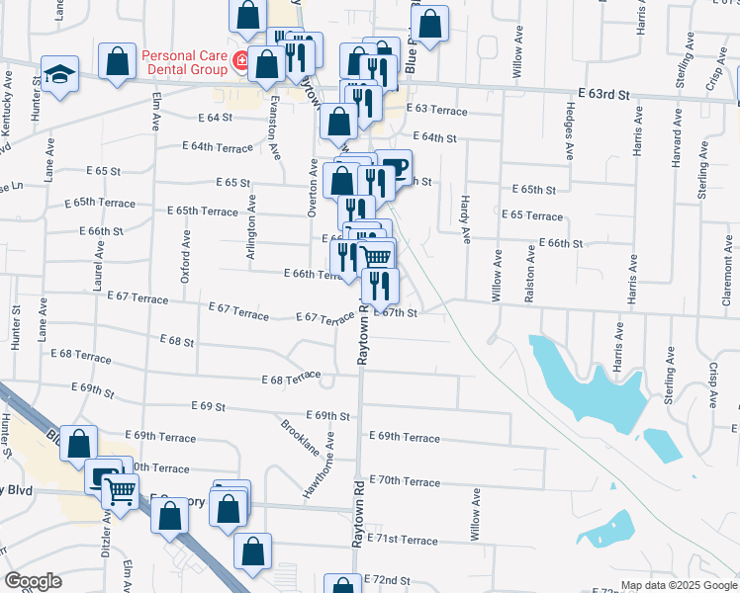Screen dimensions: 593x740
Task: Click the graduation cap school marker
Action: coord(59,73)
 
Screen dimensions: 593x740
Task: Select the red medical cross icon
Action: coord(239,62)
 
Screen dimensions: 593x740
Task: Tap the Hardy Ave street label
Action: coord(464,219)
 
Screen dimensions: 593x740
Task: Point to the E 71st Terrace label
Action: coord(402,540)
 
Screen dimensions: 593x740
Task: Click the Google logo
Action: coord(35,581)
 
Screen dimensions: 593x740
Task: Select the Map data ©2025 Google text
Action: coord(679,585)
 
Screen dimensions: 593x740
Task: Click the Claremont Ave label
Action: coord(725,282)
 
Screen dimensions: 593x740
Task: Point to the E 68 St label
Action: coord(176,340)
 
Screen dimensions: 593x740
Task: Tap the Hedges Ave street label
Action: coord(570,133)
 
